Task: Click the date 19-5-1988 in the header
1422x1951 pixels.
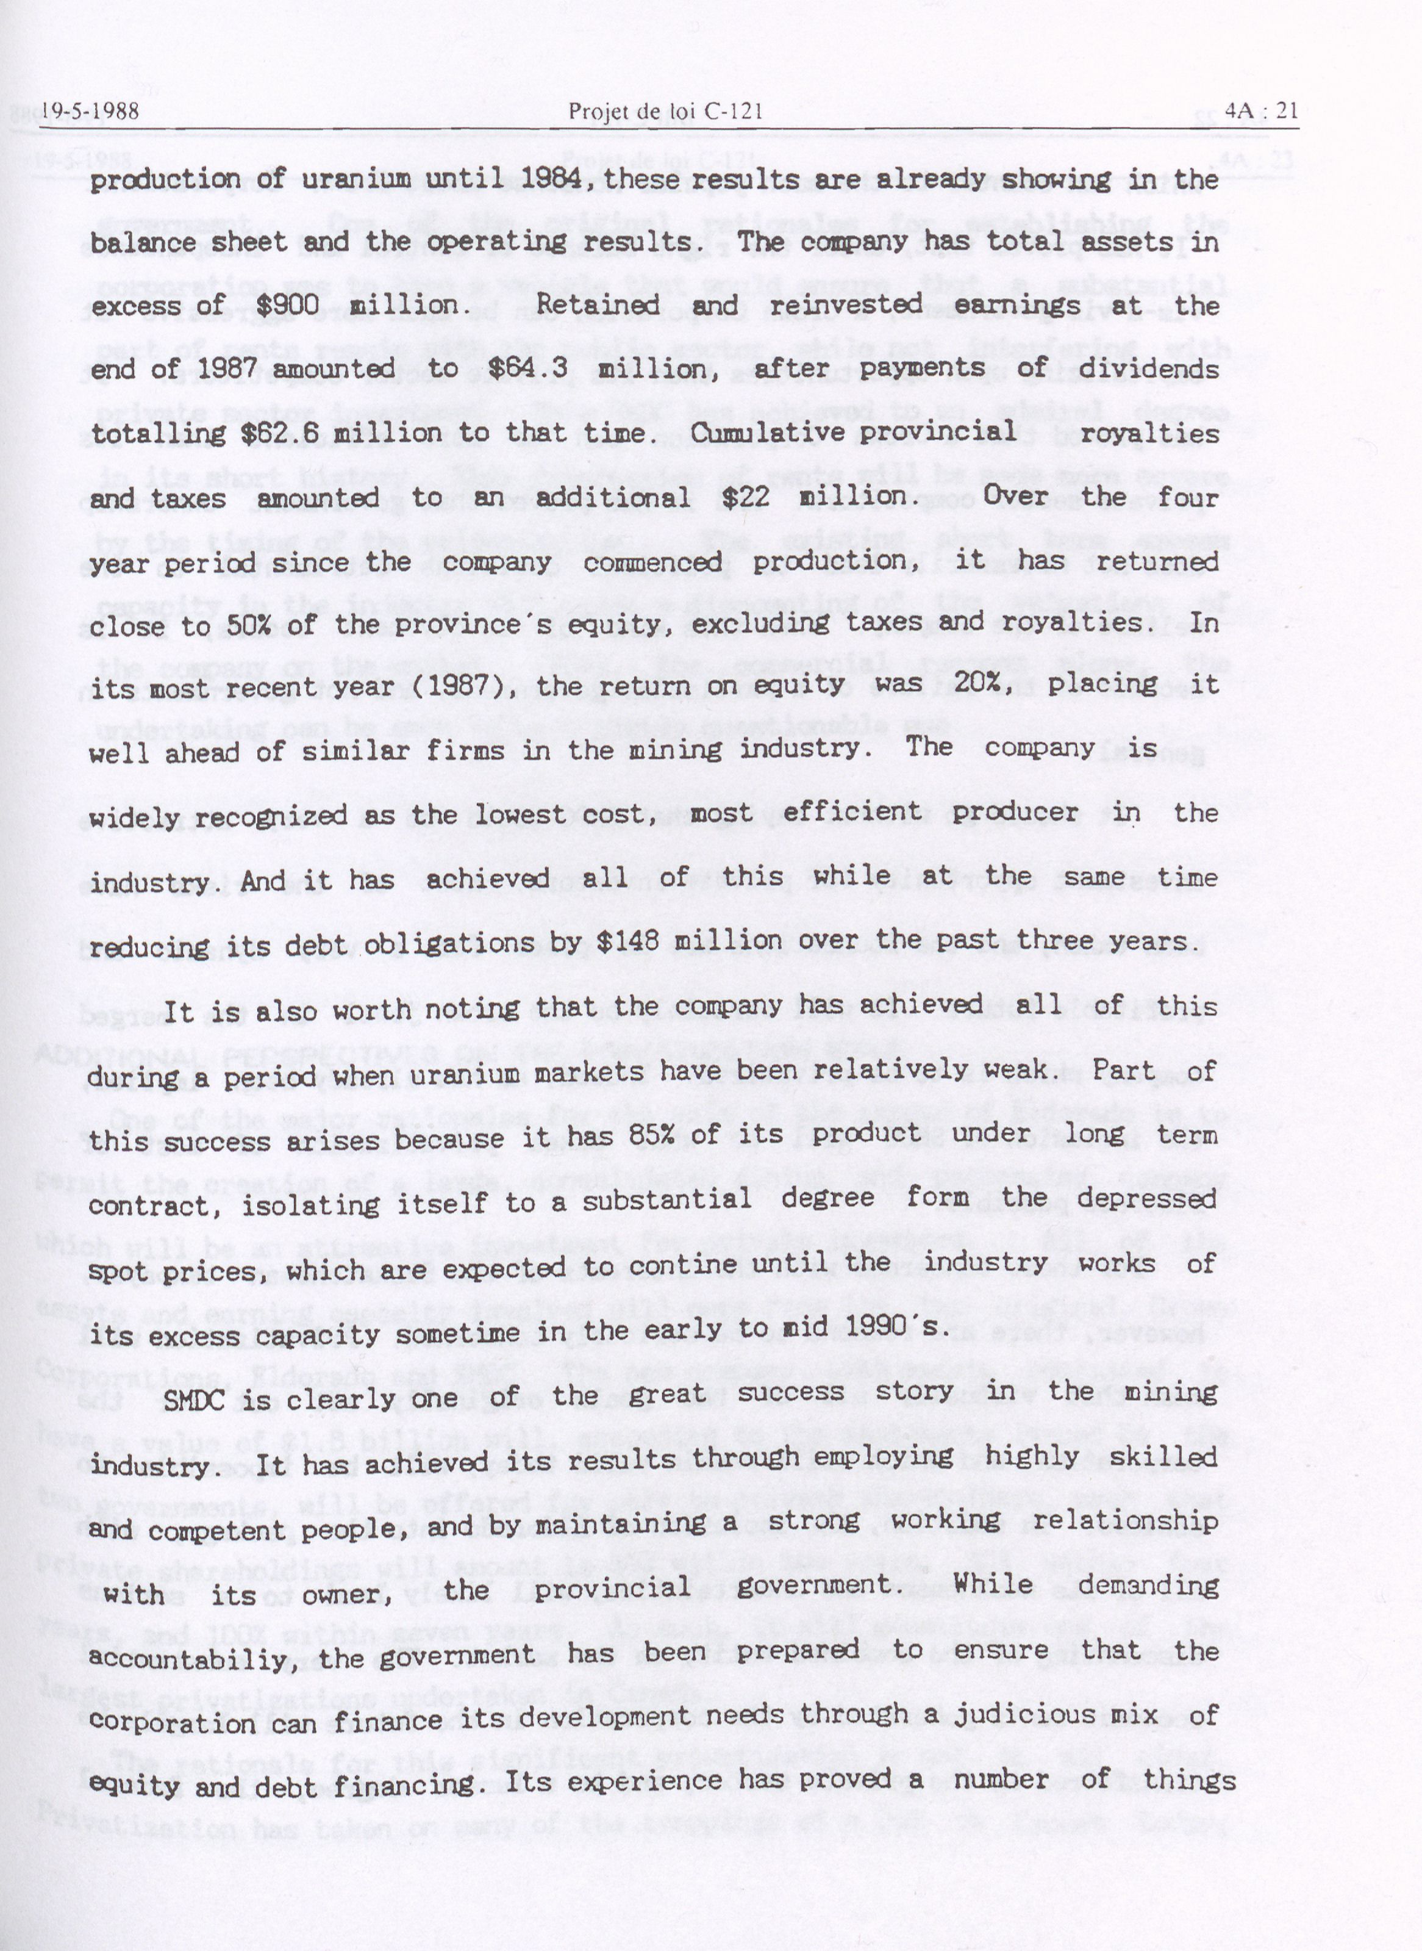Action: pyautogui.click(x=88, y=111)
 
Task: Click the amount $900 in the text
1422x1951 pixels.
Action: pyautogui.click(x=288, y=306)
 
